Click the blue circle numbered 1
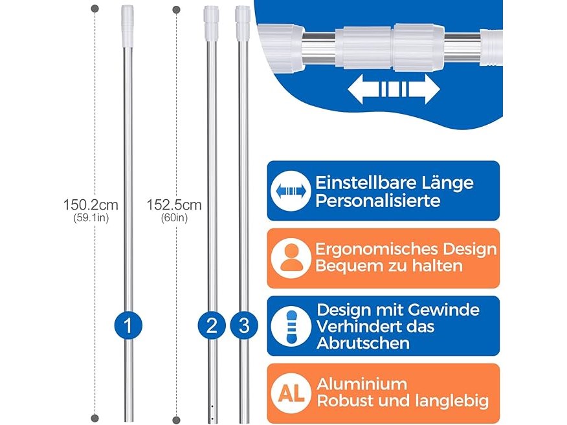point(128,325)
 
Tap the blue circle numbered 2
point(212,325)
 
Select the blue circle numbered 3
point(244,325)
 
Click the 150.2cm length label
point(91,205)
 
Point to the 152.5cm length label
point(174,205)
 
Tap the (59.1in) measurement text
point(91,218)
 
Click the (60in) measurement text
point(174,218)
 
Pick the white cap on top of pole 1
point(128,26)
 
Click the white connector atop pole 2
point(211,23)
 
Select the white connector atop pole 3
point(243,23)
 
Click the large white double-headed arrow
point(394,89)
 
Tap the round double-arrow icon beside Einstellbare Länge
point(291,191)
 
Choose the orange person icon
point(291,258)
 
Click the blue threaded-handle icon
point(291,325)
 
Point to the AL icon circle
point(291,393)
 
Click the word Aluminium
point(362,384)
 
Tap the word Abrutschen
point(363,343)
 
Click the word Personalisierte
point(378,201)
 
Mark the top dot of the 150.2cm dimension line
point(95,8)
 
